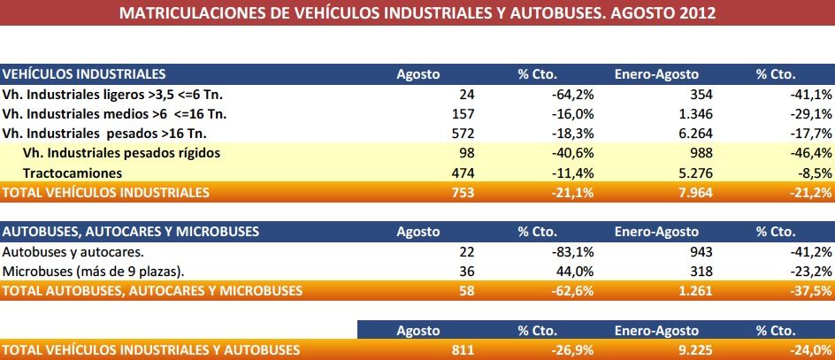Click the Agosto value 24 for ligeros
click(x=467, y=94)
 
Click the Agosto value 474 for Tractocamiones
click(x=463, y=172)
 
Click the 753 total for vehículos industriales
click(x=463, y=191)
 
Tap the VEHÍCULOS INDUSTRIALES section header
click(x=84, y=73)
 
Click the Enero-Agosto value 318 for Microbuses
click(x=686, y=271)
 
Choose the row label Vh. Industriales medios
click(x=103, y=113)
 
